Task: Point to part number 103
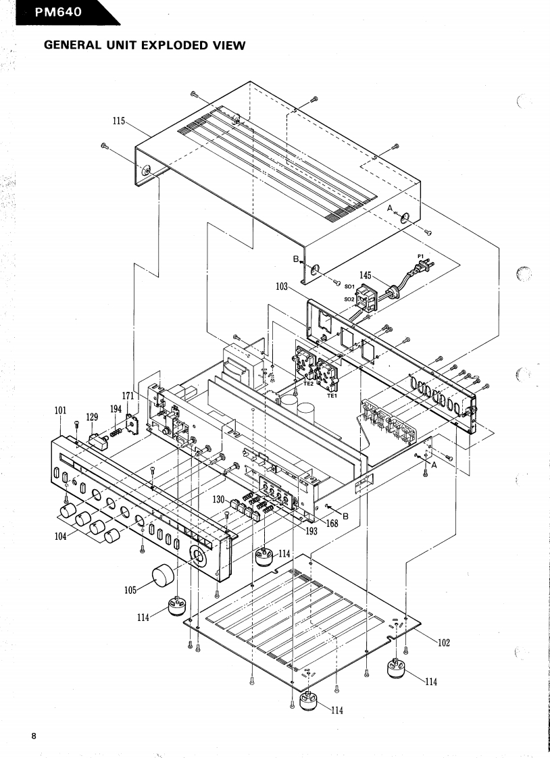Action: point(282,287)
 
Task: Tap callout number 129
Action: point(92,418)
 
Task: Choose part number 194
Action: point(116,409)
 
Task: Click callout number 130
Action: point(219,499)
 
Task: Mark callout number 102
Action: point(443,643)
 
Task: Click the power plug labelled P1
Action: point(424,265)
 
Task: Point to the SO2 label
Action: point(349,299)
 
